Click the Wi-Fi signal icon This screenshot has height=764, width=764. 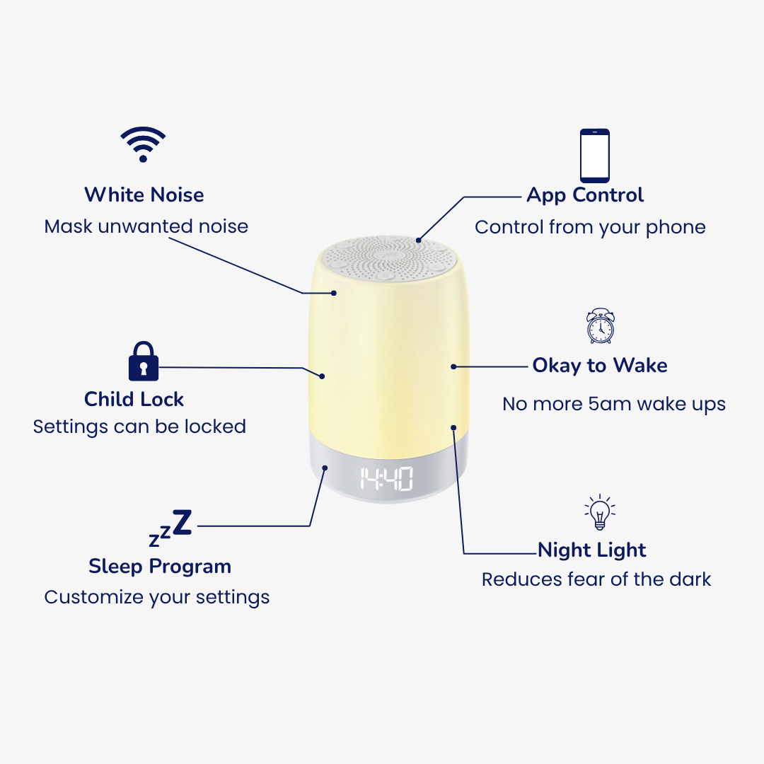pos(143,144)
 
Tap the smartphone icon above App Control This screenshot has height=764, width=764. pos(594,156)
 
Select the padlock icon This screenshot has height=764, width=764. pos(143,361)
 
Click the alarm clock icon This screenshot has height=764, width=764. pos(601,326)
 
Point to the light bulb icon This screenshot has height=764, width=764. pos(600,512)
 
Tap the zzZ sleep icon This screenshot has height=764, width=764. pos(170,528)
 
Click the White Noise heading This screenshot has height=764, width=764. pos(144,195)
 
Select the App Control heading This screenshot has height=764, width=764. pos(585,196)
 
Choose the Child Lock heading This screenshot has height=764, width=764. pos(134,399)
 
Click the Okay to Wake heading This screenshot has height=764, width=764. pos(600,366)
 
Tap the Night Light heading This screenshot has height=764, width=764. pos(592,550)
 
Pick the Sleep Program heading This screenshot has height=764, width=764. pos(160,567)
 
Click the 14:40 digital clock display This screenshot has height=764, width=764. pos(386,478)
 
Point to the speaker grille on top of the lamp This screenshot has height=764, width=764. pos(389,258)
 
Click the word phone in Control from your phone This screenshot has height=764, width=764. pos(676,228)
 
